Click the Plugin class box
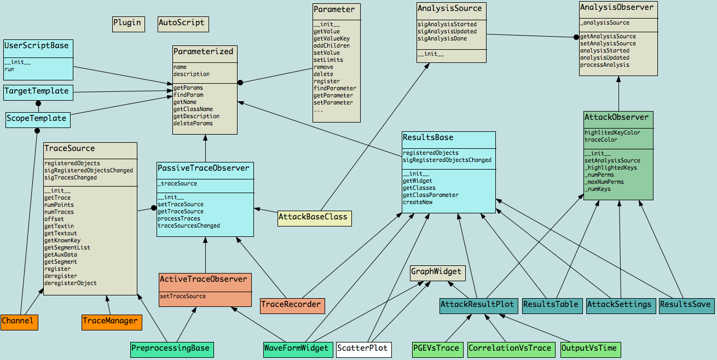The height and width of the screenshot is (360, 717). [x=128, y=23]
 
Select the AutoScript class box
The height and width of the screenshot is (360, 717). [x=182, y=23]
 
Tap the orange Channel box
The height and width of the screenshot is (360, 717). [x=19, y=321]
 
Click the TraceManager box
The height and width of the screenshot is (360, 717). [x=112, y=321]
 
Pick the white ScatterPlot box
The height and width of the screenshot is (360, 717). [x=363, y=349]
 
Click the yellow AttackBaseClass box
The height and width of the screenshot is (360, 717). [x=314, y=217]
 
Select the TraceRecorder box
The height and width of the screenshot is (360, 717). [x=292, y=305]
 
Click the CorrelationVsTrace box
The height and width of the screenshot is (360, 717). [x=510, y=349]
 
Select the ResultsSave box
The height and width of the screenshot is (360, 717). [x=686, y=305]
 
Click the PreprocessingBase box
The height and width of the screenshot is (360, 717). [x=171, y=349]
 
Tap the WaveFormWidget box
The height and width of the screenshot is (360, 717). [x=298, y=349]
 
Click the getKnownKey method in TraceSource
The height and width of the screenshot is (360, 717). [x=62, y=241]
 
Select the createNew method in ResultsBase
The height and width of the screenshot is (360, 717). [x=418, y=202]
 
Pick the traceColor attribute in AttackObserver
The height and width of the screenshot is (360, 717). [x=601, y=140]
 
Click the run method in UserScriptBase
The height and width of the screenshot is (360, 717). [x=9, y=69]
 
